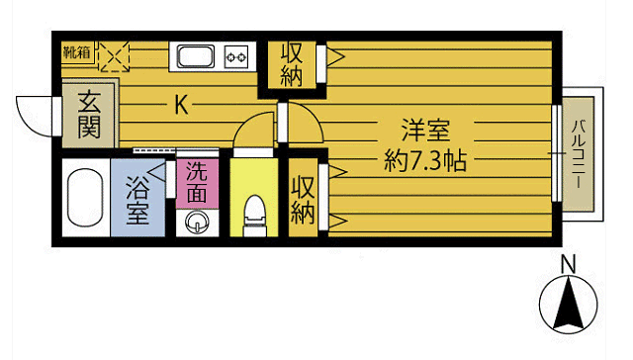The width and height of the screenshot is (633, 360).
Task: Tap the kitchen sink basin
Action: click(196, 55)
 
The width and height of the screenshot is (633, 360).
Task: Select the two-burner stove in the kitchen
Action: click(237, 56)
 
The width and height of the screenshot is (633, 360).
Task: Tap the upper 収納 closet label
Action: click(291, 65)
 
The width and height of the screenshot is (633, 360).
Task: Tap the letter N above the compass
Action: click(568, 264)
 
